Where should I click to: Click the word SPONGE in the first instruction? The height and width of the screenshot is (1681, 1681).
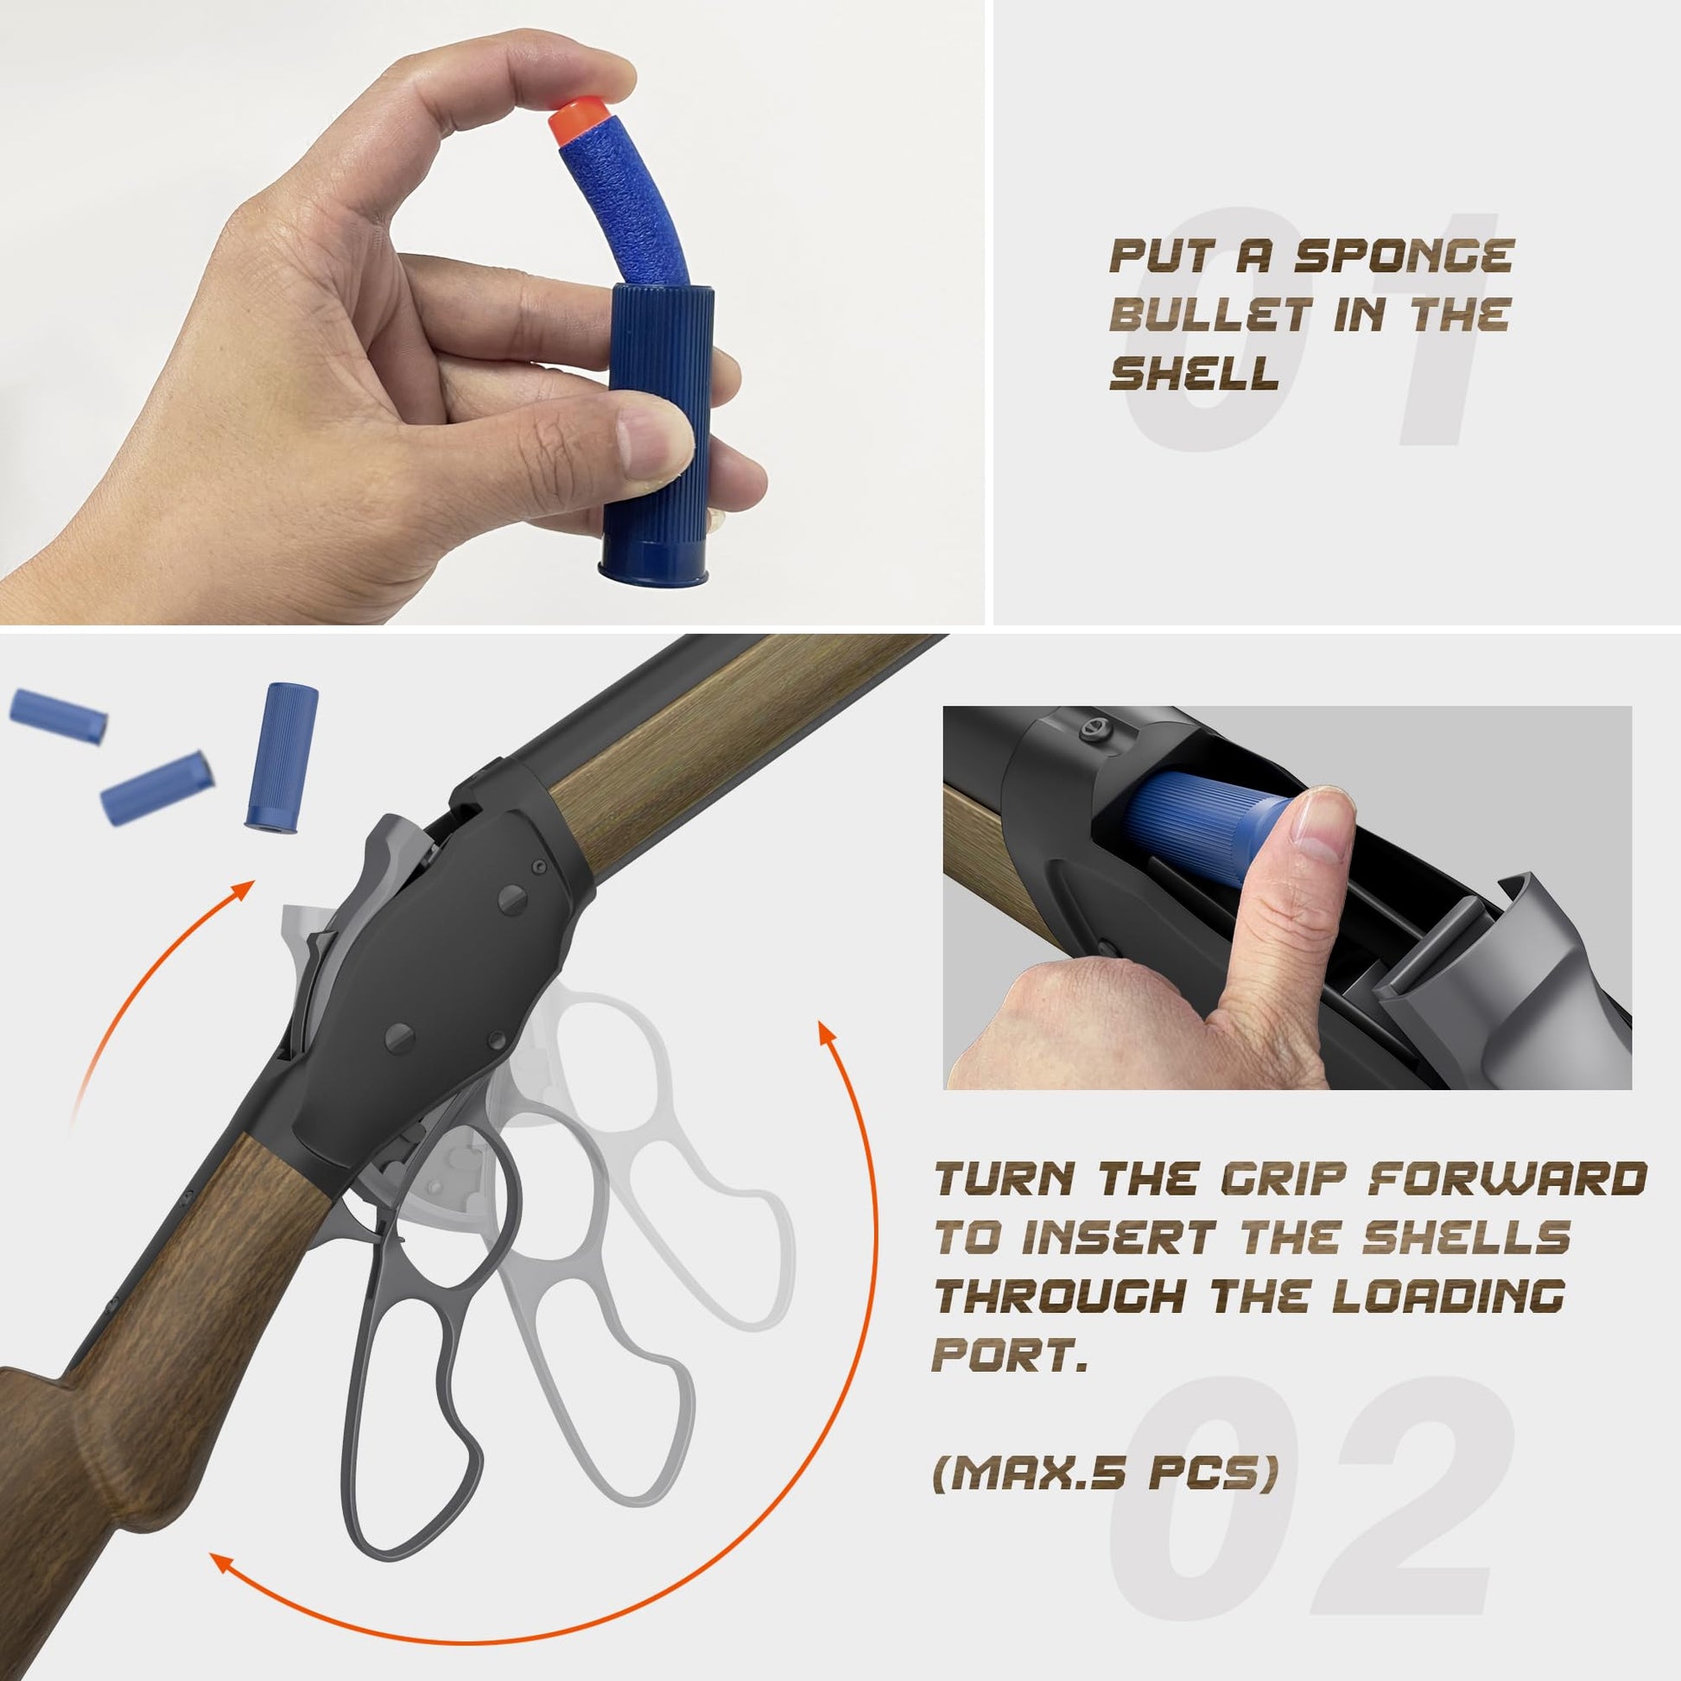point(1405,257)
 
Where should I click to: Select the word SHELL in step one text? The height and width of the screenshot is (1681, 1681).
point(1194,372)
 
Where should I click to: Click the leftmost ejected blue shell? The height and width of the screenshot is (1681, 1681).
point(58,715)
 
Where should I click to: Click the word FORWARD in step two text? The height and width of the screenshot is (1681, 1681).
point(1507,1180)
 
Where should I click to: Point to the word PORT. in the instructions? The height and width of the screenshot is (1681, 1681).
point(1009,1354)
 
